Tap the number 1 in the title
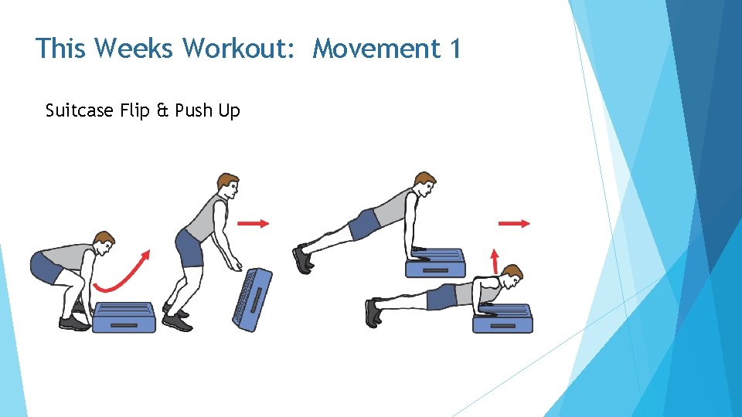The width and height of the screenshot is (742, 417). point(454,49)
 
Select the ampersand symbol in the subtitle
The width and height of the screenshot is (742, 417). point(162,110)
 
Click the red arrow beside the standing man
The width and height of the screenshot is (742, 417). point(253,223)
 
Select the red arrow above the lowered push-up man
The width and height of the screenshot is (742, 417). point(514,223)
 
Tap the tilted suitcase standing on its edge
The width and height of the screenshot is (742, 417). point(252,297)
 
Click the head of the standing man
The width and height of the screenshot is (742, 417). point(226,186)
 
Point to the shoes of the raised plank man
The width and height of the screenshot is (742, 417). point(302,259)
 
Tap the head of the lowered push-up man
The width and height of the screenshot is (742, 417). point(510,275)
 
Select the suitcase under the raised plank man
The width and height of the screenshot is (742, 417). point(436,263)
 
